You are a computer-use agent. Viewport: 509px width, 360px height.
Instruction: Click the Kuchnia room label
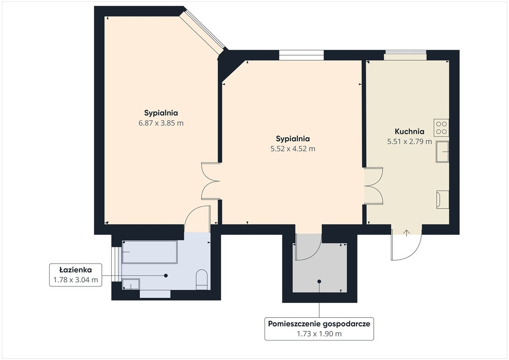pos(410,131)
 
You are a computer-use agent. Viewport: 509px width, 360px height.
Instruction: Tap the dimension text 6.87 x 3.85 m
pos(161,123)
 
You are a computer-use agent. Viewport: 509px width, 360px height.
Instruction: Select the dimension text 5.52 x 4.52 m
pos(293,149)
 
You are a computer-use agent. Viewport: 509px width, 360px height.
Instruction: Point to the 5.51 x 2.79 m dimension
pos(410,142)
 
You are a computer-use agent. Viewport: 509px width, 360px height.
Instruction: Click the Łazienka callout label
pos(76,270)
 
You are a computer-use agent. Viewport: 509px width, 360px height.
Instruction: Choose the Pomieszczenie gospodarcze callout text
pos(319,324)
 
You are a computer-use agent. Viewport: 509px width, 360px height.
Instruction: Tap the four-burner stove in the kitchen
pos(441,127)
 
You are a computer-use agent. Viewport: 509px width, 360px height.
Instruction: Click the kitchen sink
pos(442,152)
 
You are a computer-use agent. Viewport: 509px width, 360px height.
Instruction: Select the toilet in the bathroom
pos(202,279)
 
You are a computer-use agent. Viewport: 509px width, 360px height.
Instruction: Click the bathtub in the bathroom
pos(150,252)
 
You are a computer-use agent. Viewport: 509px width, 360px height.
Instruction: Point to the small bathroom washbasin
pos(131,284)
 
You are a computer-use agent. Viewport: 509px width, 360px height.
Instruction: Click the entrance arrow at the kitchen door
pos(407,233)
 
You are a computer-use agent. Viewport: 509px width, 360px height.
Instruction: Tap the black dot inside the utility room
pos(320,281)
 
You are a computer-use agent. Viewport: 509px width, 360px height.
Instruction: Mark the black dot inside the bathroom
pos(166,275)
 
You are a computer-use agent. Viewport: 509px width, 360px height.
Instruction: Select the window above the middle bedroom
pos(302,55)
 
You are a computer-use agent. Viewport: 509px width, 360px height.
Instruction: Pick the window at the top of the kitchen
pos(406,55)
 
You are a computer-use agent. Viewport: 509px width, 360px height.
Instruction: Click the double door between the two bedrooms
pos(211,181)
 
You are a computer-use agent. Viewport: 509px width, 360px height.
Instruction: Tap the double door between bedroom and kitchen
pos(373,185)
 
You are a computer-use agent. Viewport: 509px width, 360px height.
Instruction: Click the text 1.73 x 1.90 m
pos(319,334)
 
